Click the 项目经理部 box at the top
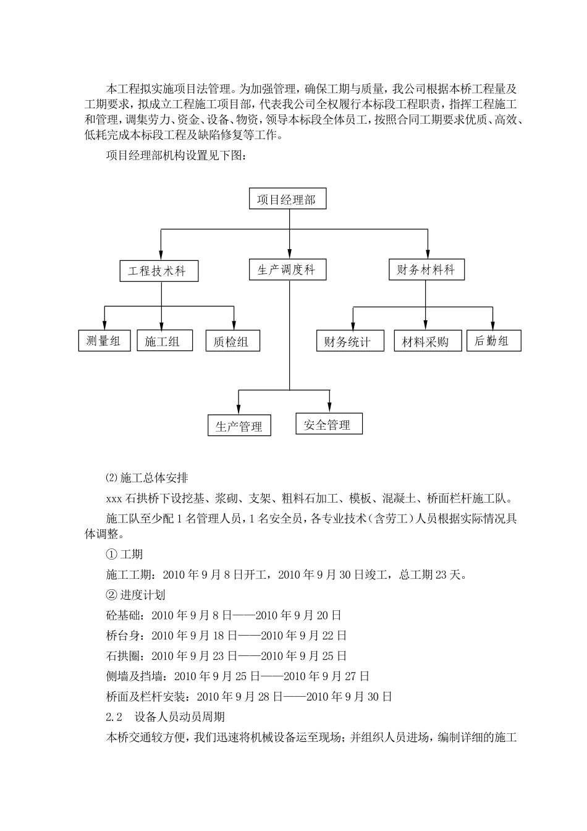(x=287, y=198)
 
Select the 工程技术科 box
(x=159, y=271)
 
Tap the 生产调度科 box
(x=287, y=270)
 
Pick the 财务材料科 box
(x=426, y=270)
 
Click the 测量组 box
(x=104, y=341)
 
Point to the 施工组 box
(x=164, y=341)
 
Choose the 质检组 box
(x=233, y=341)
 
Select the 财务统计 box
(x=350, y=341)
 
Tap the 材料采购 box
(x=428, y=341)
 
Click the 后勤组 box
(x=494, y=341)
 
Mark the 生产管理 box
(x=239, y=425)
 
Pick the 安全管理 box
(x=329, y=424)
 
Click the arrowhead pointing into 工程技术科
(x=161, y=255)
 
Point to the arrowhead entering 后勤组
(x=493, y=325)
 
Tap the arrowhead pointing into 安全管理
(x=330, y=408)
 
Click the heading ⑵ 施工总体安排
(x=147, y=478)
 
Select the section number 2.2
(x=114, y=717)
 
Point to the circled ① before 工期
(x=111, y=554)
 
